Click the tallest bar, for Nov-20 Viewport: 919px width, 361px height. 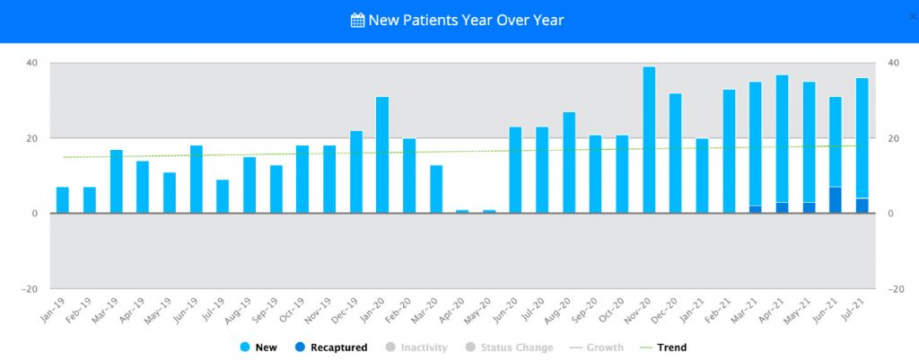point(649,140)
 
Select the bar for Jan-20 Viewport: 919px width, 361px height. point(382,154)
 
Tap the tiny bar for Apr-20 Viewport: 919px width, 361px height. point(462,211)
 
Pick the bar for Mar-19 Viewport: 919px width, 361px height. point(117,181)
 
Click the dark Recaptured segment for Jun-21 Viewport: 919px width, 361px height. point(836,200)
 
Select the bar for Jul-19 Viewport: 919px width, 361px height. point(223,197)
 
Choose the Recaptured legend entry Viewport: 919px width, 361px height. point(333,348)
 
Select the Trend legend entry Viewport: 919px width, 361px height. point(663,348)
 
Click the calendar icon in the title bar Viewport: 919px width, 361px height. point(357,20)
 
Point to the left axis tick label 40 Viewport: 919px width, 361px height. point(31,63)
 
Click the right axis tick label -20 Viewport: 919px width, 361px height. point(893,289)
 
